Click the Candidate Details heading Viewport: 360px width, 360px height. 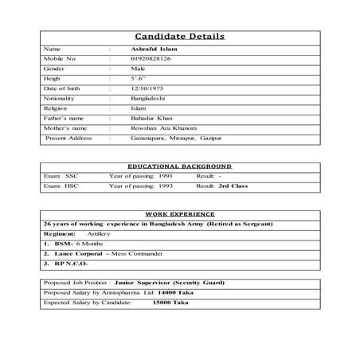click(x=179, y=37)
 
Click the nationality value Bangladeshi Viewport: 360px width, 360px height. click(x=148, y=97)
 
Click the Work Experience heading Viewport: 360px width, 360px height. click(x=179, y=215)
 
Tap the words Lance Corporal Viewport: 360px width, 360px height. click(x=76, y=253)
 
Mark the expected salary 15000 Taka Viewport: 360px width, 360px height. click(x=170, y=303)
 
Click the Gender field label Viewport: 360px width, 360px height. click(x=55, y=68)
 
